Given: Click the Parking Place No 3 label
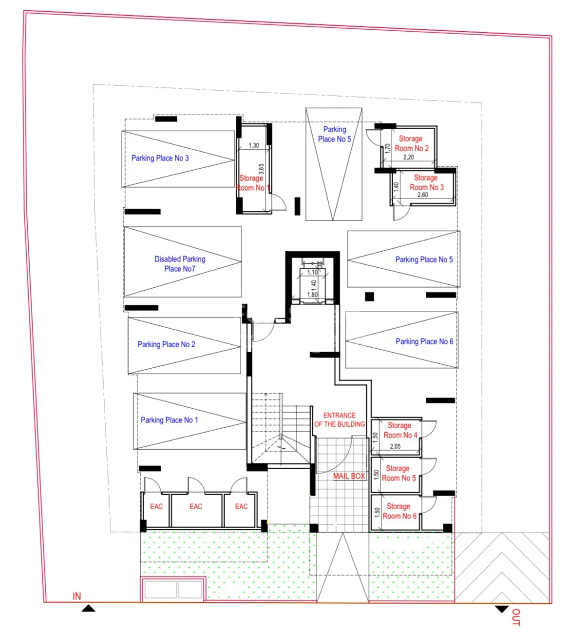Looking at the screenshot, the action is point(160,158).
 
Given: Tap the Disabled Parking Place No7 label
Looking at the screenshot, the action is point(180,264).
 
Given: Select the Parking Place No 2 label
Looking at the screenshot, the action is point(166,344).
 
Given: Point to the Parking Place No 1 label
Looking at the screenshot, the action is point(169,420).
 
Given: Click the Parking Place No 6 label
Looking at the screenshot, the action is point(424,341).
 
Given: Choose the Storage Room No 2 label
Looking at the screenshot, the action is point(411,143).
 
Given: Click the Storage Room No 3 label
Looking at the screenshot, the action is point(426,182).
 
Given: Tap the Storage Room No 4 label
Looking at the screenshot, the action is point(400,430).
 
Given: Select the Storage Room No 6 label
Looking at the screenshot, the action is point(399,511).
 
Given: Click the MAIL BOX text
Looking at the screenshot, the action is point(349,476).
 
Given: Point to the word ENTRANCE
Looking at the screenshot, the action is point(340,416).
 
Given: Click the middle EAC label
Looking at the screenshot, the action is point(196,506).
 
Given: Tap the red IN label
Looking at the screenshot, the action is point(77,596).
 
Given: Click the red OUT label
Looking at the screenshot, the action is point(516,617).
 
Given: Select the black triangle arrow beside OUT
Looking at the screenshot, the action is point(501,609).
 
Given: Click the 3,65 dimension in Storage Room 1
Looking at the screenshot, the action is point(261,169).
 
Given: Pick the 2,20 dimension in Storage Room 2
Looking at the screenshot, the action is point(409,157).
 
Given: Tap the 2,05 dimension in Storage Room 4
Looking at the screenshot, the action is point(395,446).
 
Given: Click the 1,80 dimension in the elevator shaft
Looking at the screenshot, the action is point(312,295).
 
